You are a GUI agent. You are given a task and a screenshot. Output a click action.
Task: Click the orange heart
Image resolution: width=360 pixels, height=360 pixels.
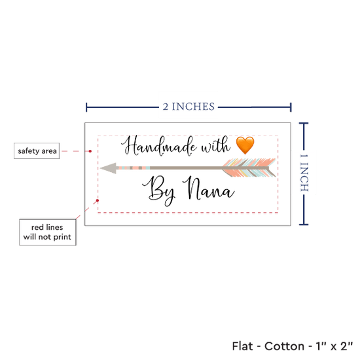pos(245,145)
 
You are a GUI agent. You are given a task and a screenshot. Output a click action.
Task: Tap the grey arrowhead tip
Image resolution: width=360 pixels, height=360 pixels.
pos(100,168)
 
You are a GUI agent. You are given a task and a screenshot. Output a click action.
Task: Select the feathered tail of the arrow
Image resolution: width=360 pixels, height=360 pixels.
pos(249,168)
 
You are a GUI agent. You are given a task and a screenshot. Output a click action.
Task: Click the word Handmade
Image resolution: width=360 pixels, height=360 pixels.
pos(159,146)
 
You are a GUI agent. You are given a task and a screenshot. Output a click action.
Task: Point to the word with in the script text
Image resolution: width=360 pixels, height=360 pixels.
pos(215,145)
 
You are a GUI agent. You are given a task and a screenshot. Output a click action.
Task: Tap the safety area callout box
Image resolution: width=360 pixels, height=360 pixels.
pos(37,151)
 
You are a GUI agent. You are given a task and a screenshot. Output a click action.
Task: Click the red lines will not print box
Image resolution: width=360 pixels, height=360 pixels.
pos(48,232)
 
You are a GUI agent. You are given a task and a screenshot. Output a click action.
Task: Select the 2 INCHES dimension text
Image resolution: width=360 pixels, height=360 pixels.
pos(189,107)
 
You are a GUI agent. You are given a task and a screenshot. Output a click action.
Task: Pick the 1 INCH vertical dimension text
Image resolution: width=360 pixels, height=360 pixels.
pos(304,173)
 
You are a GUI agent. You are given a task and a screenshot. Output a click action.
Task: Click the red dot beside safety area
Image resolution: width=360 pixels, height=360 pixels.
pos(90,151)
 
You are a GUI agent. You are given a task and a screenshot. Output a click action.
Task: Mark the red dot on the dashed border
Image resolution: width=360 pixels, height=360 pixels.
pos(98,200)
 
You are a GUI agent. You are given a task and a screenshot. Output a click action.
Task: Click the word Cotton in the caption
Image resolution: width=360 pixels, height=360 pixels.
pos(284,346)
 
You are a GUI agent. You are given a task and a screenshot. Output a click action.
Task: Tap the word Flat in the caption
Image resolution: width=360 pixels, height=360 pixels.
pos(242,346)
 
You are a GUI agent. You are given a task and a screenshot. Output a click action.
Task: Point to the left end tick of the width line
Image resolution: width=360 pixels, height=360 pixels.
pos(86,107)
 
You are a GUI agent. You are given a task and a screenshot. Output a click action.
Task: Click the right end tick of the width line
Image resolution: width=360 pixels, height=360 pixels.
pos(291,107)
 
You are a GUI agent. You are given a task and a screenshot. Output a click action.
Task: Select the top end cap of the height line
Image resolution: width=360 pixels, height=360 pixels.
pos(304,124)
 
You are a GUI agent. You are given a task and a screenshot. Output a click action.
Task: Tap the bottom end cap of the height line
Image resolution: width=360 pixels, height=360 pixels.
pos(304,225)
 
